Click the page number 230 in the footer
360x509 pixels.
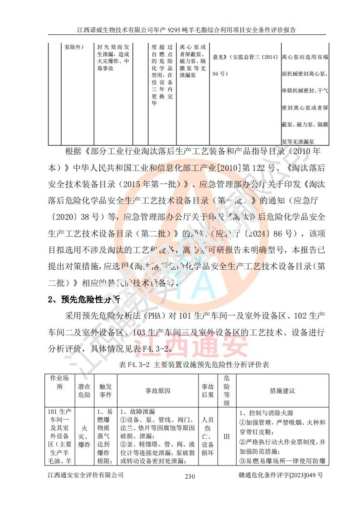point(190,476)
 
